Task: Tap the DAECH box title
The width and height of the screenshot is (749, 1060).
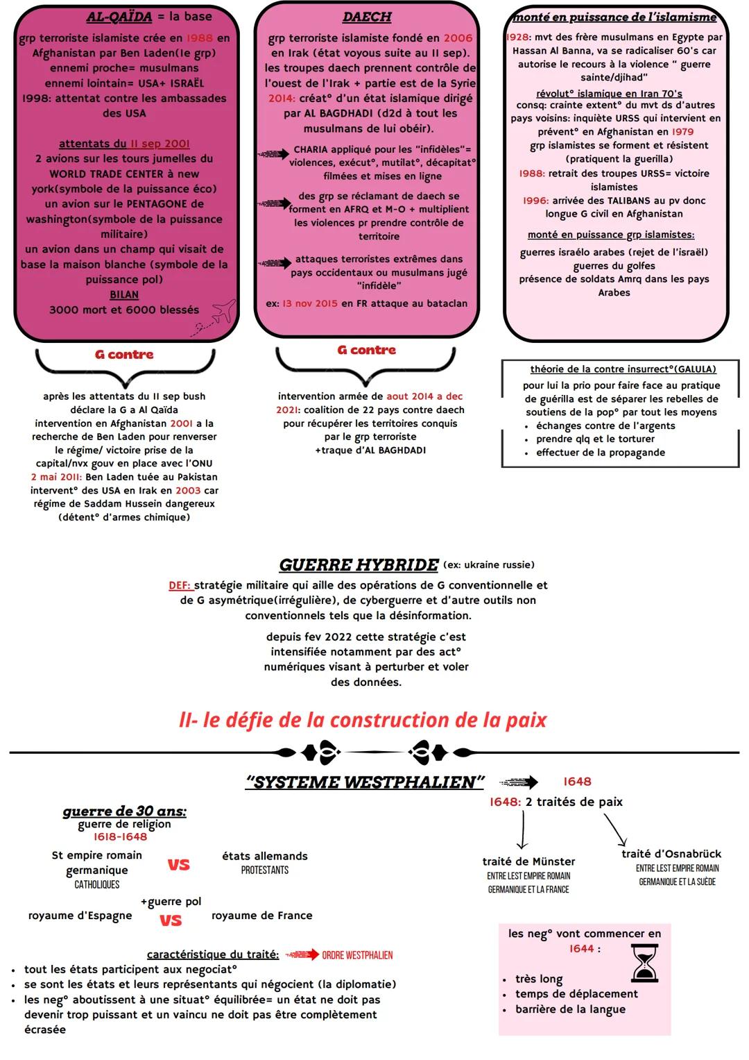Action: (367, 17)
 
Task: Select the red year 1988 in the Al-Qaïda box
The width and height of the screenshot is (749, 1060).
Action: (200, 38)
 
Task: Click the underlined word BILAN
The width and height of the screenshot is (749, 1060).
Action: (124, 294)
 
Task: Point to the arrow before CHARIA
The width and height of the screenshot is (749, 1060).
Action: (273, 153)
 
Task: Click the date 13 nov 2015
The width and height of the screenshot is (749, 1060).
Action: (310, 303)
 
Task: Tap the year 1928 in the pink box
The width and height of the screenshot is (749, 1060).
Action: (519, 37)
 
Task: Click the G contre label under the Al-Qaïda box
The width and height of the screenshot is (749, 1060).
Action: (124, 355)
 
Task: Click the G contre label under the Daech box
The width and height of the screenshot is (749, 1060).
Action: (366, 351)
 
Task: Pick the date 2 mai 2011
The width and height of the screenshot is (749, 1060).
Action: (56, 477)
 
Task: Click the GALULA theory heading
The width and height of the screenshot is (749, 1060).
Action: (623, 369)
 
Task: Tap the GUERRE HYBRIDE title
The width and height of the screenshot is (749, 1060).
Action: (359, 565)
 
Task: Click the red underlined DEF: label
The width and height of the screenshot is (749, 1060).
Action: (180, 585)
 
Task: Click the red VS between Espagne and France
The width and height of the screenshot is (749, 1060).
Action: (171, 920)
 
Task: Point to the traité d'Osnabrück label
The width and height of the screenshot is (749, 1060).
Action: (671, 854)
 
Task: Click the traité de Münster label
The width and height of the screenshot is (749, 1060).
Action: (528, 861)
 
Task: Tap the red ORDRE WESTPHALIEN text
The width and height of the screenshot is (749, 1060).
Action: (357, 955)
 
